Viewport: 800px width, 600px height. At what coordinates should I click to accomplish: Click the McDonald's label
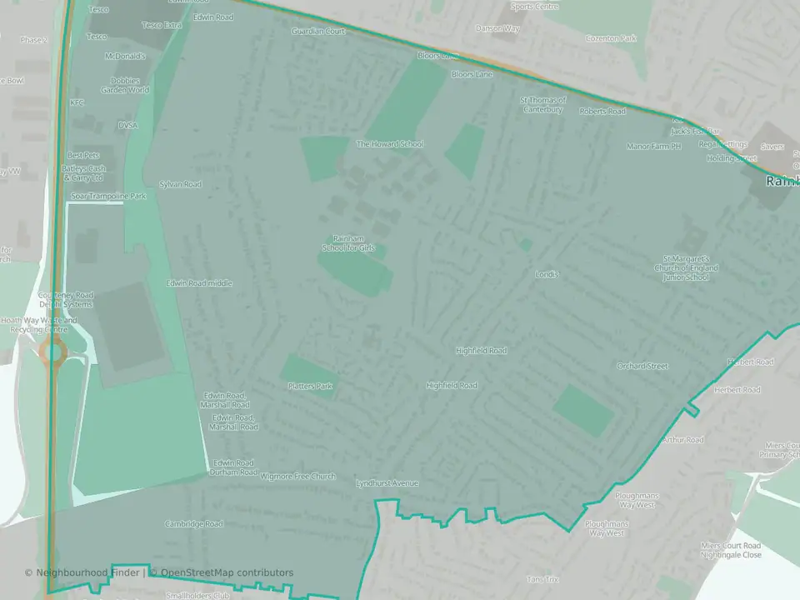[x=125, y=57]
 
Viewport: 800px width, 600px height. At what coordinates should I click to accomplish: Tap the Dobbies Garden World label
[x=125, y=85]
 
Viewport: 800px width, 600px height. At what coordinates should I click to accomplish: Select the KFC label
[x=77, y=102]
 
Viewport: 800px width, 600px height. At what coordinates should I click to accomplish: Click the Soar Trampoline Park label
[x=107, y=196]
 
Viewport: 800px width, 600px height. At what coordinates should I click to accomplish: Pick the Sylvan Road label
[x=180, y=183]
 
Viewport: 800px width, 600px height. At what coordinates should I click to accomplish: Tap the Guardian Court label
[x=318, y=31]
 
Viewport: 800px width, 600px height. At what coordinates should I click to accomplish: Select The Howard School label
[x=390, y=144]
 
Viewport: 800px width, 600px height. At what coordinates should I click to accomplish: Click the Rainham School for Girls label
[x=354, y=242]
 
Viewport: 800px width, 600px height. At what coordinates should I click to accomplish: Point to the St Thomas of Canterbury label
[x=542, y=105]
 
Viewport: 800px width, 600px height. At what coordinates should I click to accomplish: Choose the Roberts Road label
[x=602, y=111]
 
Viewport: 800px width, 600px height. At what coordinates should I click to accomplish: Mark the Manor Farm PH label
[x=653, y=147]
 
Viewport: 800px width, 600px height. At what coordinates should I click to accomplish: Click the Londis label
[x=547, y=274]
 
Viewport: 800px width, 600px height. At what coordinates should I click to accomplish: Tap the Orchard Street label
[x=642, y=366]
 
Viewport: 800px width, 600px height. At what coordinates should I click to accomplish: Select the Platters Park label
[x=309, y=386]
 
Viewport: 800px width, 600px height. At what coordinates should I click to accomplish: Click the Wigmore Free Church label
[x=297, y=477]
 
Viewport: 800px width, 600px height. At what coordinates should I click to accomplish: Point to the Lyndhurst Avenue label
[x=387, y=483]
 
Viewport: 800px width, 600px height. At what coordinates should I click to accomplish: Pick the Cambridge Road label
[x=192, y=523]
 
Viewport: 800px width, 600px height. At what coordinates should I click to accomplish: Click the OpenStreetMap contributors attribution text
[x=227, y=572]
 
